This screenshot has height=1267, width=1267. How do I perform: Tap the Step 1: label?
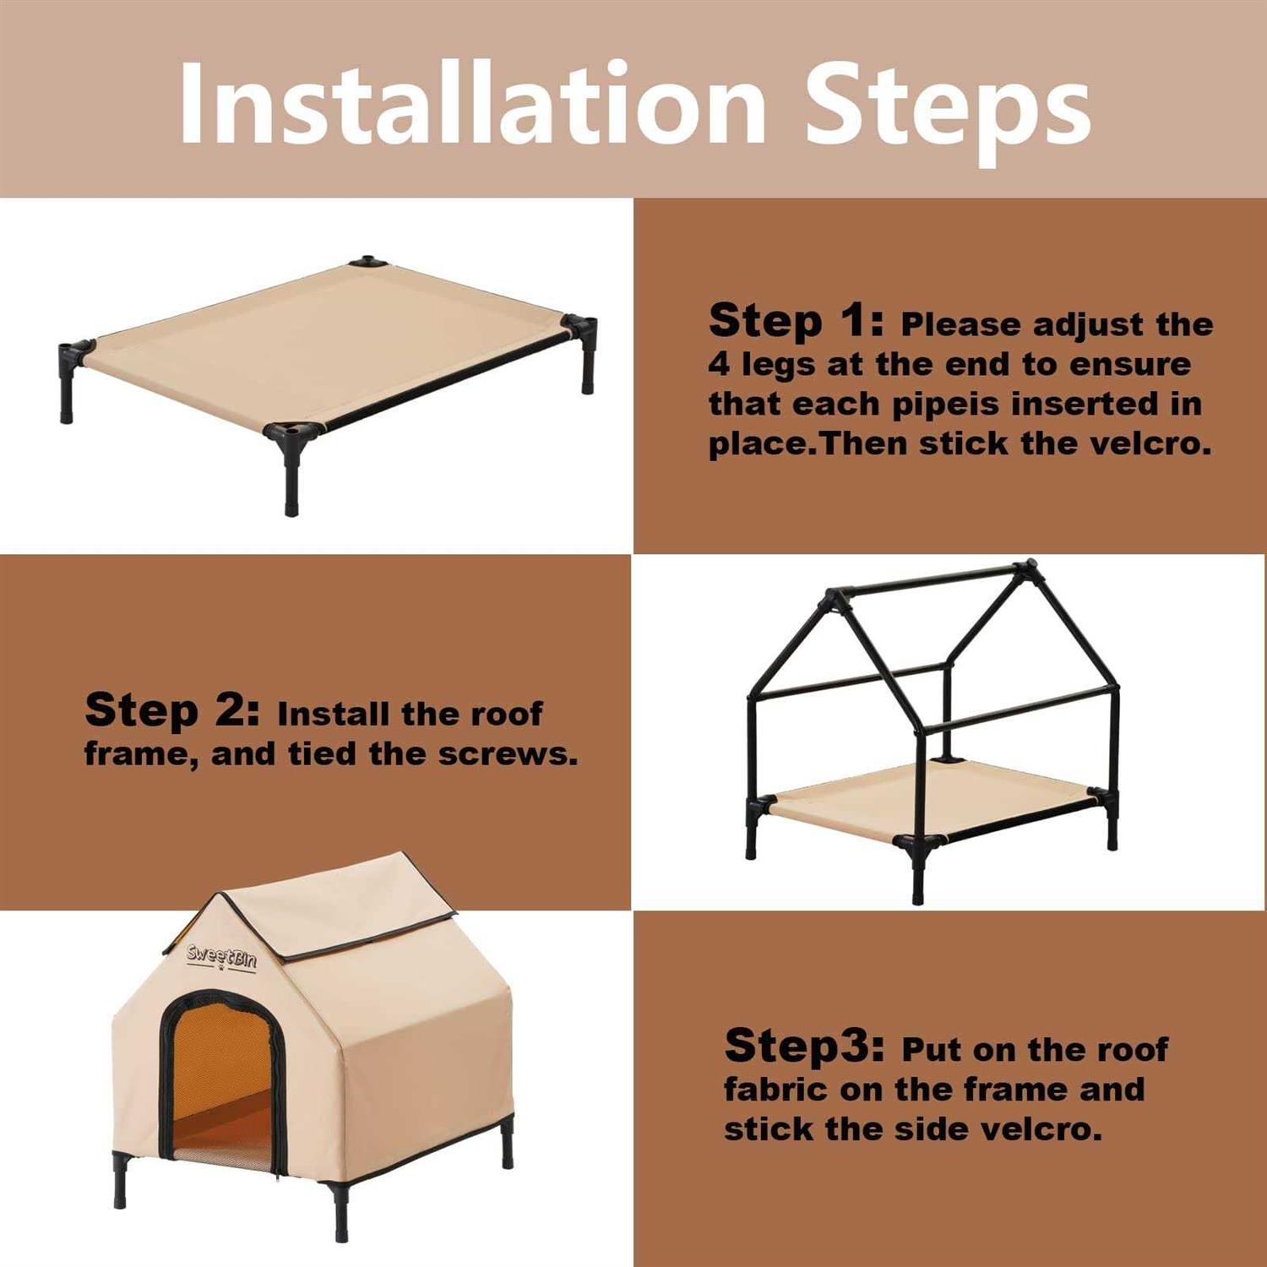797,320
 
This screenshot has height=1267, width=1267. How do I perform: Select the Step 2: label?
173,710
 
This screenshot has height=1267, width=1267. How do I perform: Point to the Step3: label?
805,1046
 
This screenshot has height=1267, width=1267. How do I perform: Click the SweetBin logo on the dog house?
221,957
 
